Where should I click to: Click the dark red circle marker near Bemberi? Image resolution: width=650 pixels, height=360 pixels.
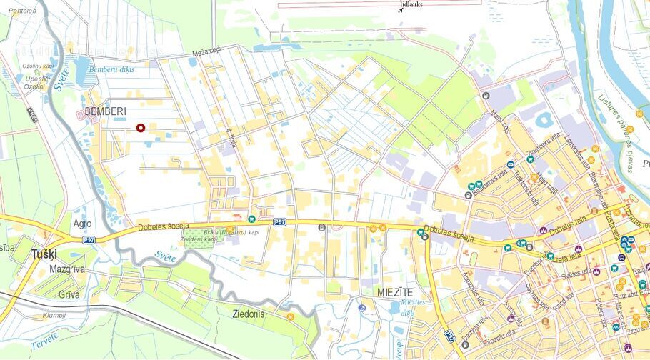(141, 128)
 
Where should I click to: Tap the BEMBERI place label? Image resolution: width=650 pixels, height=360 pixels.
(105, 112)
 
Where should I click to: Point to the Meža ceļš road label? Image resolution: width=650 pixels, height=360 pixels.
(206, 52)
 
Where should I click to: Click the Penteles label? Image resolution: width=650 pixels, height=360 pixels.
(22, 11)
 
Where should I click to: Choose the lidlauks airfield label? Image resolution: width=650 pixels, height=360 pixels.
(413, 4)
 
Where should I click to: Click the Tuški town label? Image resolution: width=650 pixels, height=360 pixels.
(45, 254)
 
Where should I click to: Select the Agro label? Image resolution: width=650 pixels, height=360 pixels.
(82, 224)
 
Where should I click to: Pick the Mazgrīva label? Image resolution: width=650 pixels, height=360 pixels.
(67, 269)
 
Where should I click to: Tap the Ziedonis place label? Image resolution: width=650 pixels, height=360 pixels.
(249, 314)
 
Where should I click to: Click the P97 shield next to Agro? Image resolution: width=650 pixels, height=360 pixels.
(88, 240)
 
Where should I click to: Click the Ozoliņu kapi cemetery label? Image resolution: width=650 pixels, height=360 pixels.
(39, 66)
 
